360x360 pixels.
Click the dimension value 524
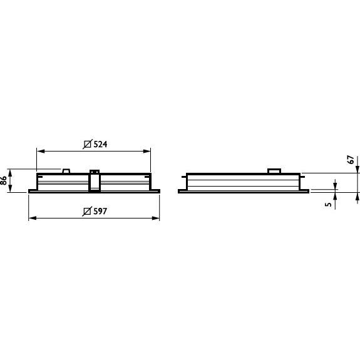(100, 144)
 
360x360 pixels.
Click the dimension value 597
(100, 211)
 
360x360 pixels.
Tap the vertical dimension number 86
(4, 180)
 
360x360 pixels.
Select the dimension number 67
(351, 160)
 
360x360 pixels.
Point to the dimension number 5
(329, 204)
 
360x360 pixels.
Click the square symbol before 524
(87, 144)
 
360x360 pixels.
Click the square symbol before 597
(87, 211)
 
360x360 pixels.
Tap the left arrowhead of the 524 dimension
(41, 151)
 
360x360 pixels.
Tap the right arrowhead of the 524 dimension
(147, 151)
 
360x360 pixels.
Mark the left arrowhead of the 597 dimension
(33, 218)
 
